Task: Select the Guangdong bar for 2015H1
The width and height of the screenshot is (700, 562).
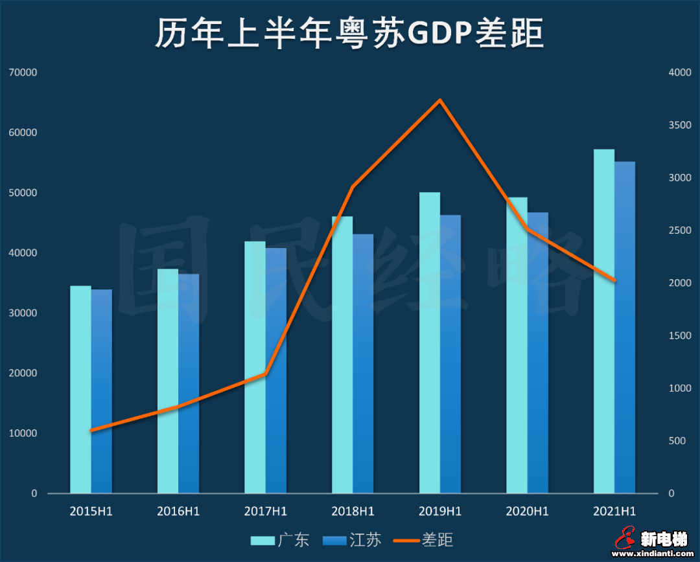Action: click(x=80, y=389)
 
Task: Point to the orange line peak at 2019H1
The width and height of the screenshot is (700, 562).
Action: click(x=440, y=100)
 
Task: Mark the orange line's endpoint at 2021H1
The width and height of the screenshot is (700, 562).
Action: click(x=614, y=280)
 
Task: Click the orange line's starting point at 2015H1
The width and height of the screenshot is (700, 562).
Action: click(x=91, y=430)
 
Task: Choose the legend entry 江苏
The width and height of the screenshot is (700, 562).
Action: click(x=352, y=539)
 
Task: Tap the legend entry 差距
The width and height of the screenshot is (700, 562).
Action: click(x=425, y=539)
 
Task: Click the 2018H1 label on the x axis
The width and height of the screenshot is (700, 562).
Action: click(x=353, y=511)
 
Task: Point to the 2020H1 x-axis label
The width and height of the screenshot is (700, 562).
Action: click(x=527, y=511)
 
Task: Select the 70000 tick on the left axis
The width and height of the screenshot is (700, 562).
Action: click(x=23, y=73)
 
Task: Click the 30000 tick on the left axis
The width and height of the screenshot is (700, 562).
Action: click(x=23, y=313)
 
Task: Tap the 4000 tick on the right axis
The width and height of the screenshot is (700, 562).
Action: click(x=680, y=73)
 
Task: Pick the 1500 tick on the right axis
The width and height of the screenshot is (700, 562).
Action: click(x=680, y=335)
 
